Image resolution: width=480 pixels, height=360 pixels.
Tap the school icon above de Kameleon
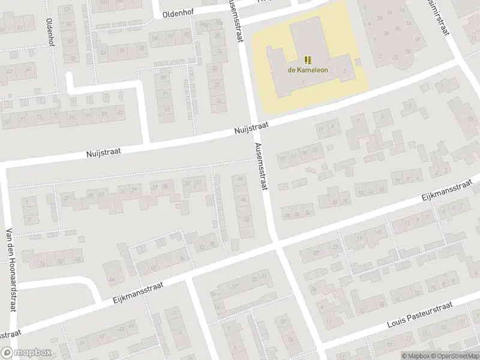coord(307,59)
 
